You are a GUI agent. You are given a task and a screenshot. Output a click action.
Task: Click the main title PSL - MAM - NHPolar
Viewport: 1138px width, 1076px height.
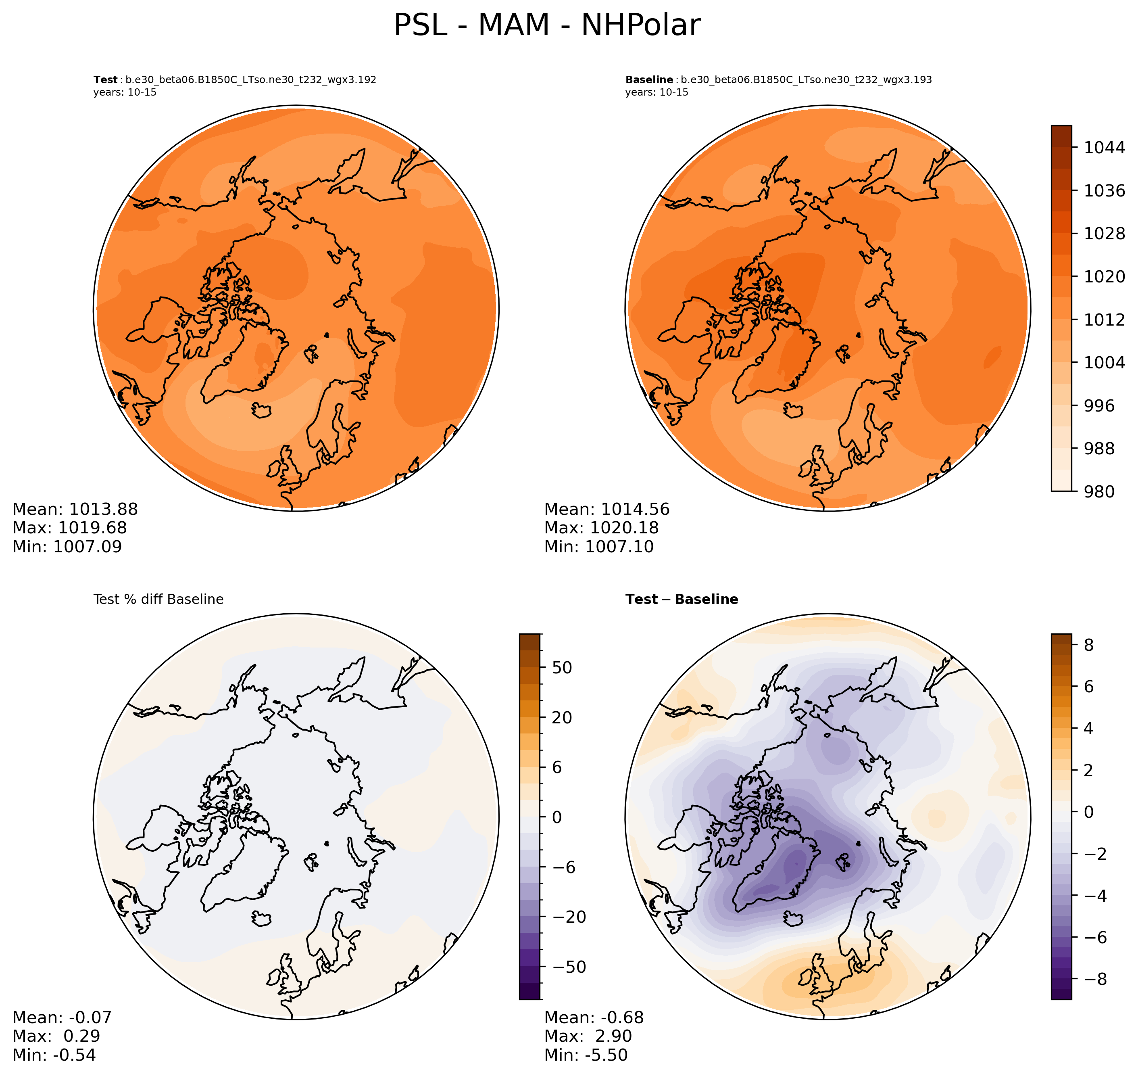click(x=546, y=26)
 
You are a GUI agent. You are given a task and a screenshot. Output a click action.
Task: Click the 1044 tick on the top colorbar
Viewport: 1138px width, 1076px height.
click(x=1104, y=147)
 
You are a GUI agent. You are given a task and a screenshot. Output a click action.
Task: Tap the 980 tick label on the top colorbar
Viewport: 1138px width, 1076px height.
click(x=1098, y=491)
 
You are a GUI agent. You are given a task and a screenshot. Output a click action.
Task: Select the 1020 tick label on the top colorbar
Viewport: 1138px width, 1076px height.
click(x=1104, y=276)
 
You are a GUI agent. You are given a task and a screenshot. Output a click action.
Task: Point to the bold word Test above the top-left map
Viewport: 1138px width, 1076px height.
click(x=106, y=80)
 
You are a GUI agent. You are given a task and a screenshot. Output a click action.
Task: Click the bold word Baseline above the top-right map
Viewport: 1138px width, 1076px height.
click(x=649, y=80)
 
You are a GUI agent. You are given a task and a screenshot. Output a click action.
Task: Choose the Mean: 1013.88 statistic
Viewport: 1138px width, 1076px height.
click(x=75, y=509)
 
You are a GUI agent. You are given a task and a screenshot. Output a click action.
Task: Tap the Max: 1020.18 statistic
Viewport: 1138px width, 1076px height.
click(x=601, y=528)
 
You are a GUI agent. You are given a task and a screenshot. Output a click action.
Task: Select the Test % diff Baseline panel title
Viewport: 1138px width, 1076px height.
click(x=158, y=600)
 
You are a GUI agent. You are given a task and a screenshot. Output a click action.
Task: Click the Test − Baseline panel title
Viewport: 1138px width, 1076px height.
click(x=682, y=600)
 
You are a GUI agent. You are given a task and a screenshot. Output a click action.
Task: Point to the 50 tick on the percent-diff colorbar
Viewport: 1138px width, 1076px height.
click(x=562, y=668)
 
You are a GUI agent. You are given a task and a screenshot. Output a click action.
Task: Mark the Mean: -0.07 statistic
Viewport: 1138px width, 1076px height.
click(x=62, y=1017)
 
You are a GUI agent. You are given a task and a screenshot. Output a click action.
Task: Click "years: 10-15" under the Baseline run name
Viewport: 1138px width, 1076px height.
click(x=657, y=92)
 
